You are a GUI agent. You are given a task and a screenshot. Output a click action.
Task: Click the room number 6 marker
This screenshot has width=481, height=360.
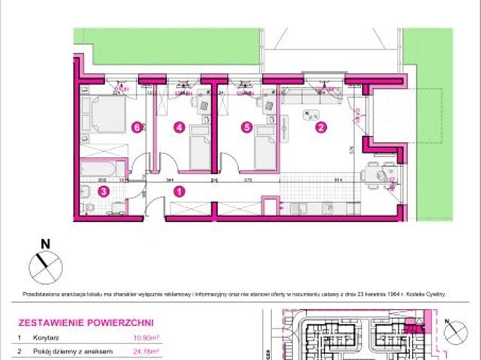[135, 127]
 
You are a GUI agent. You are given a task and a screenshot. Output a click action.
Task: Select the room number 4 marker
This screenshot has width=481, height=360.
[179, 127]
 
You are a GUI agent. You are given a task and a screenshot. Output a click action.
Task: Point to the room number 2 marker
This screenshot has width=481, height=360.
[321, 127]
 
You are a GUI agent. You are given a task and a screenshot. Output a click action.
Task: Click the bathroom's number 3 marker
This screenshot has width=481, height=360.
[104, 192]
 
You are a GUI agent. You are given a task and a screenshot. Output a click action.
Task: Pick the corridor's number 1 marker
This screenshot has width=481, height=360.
[179, 192]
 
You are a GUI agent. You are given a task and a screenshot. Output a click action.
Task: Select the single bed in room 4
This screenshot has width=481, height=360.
[199, 147]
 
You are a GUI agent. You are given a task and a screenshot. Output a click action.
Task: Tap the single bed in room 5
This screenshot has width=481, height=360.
[265, 147]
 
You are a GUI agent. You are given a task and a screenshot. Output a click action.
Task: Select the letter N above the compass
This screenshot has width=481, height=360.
[45, 243]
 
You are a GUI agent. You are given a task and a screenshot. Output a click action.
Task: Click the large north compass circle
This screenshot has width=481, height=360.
[44, 265]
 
